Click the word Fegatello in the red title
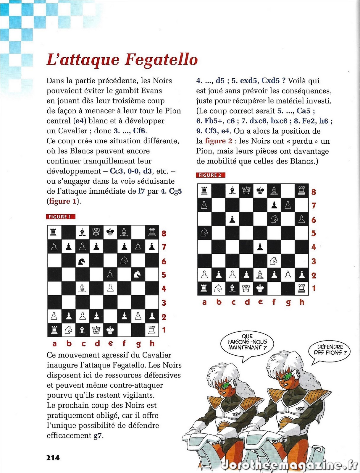tap(161, 60)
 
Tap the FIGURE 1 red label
tap(61, 217)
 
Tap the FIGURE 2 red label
tap(210, 175)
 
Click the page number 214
tap(53, 458)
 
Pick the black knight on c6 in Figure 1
tap(82, 261)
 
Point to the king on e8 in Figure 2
tap(260, 191)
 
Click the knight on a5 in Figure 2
tap(204, 233)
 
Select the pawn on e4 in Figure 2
tap(260, 247)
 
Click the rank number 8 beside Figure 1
tap(164, 234)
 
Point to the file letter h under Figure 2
tap(302, 302)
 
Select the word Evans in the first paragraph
tap(151, 90)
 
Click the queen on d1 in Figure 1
tap(96, 330)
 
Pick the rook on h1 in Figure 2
tap(301, 288)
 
